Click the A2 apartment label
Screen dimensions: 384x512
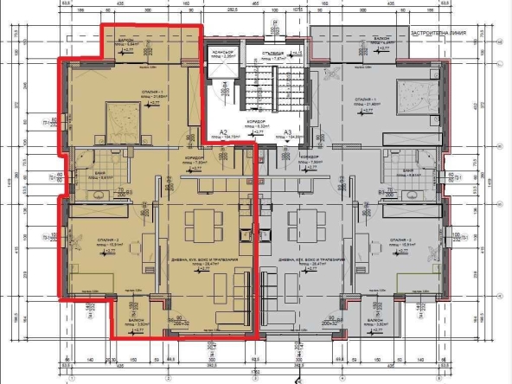click(x=221, y=131)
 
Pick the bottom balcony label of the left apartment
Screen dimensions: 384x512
click(x=132, y=323)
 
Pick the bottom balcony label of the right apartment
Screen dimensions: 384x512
click(x=379, y=323)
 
